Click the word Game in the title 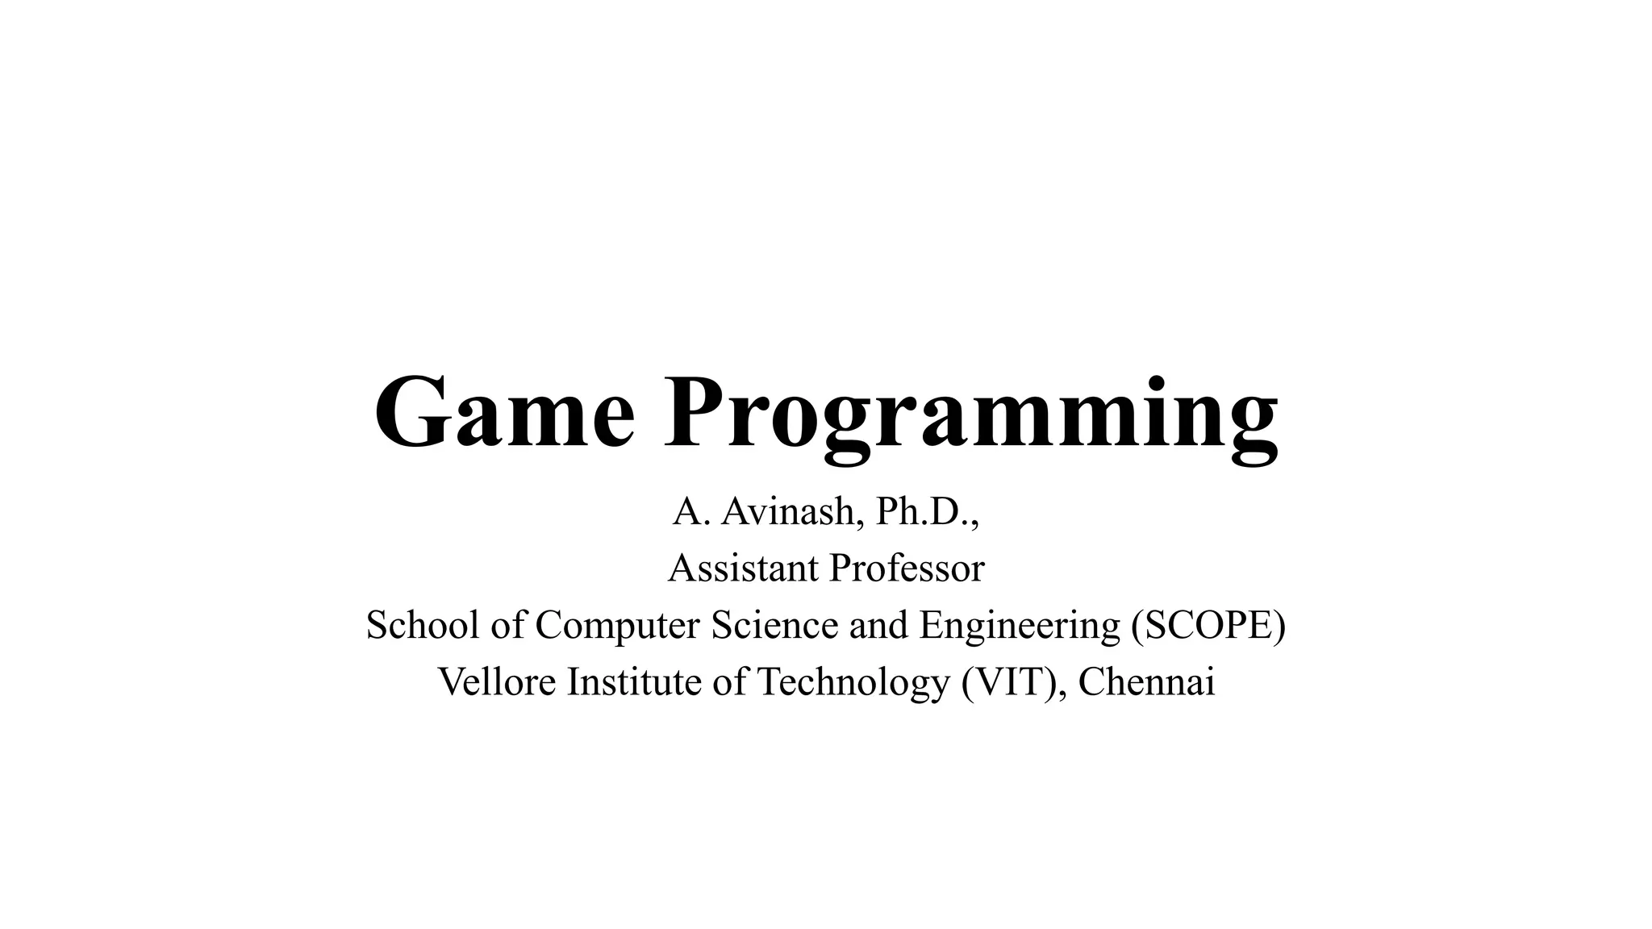pyautogui.click(x=505, y=413)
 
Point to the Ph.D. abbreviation pyautogui.click(x=928, y=511)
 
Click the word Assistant pyautogui.click(x=743, y=568)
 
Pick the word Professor pyautogui.click(x=907, y=568)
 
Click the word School pyautogui.click(x=423, y=625)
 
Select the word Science pyautogui.click(x=774, y=625)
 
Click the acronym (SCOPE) pyautogui.click(x=1208, y=626)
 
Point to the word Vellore pyautogui.click(x=497, y=681)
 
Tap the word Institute pyautogui.click(x=635, y=681)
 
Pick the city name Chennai pyautogui.click(x=1146, y=681)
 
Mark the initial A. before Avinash pyautogui.click(x=690, y=511)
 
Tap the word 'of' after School pyautogui.click(x=508, y=625)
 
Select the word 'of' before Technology pyautogui.click(x=729, y=681)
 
